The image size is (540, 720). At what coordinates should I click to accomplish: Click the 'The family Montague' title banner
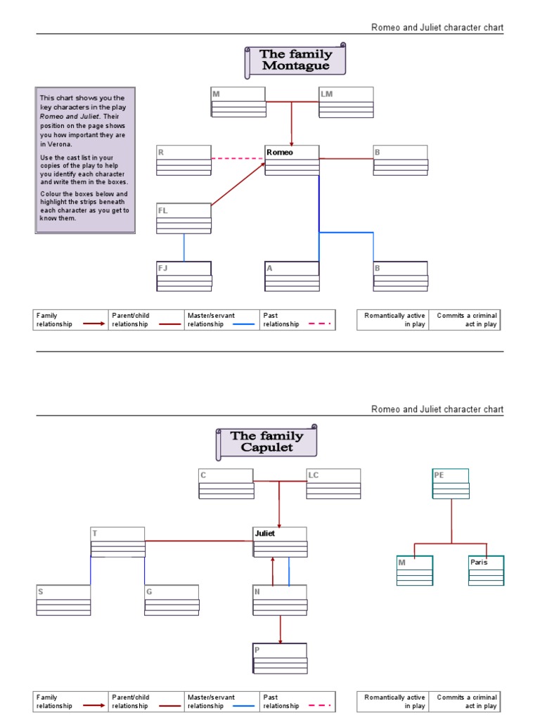click(295, 60)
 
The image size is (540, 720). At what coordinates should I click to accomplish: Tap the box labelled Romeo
click(292, 160)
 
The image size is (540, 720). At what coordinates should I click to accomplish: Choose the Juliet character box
click(280, 541)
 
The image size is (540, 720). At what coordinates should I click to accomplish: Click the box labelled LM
click(346, 101)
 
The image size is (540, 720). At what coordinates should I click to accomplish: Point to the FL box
click(184, 218)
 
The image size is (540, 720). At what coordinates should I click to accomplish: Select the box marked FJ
click(184, 276)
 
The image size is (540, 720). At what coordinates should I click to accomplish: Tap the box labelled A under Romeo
click(292, 276)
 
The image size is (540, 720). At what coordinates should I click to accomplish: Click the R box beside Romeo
click(184, 160)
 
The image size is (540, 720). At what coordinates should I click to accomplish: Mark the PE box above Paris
click(450, 483)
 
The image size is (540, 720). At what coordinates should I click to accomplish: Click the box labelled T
click(117, 541)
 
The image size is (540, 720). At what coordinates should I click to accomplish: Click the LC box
click(333, 483)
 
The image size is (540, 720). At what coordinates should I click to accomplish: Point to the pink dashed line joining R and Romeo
click(238, 159)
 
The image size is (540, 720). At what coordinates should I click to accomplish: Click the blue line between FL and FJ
click(184, 247)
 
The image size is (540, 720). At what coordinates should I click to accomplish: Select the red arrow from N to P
click(281, 629)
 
